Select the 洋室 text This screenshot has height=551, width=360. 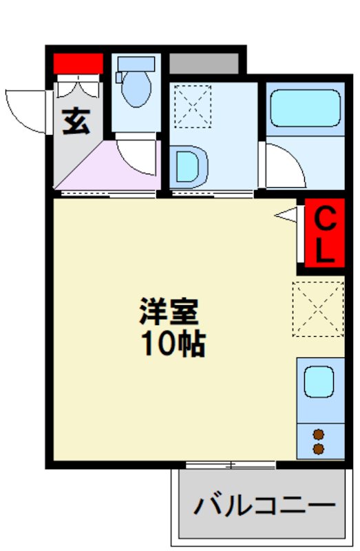click(169, 312)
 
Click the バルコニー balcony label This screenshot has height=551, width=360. click(264, 506)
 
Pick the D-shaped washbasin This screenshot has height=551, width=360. click(189, 167)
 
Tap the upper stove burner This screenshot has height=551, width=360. click(319, 434)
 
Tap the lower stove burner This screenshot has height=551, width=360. click(319, 449)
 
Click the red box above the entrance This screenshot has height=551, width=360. click(78, 64)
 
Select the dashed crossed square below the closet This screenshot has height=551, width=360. click(318, 308)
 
